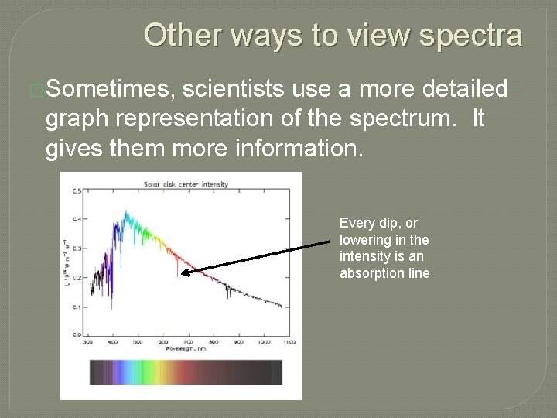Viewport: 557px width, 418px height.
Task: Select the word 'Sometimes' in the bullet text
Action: (110, 91)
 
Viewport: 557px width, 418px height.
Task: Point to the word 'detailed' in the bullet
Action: (464, 91)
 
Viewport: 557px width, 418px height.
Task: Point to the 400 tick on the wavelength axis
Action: (113, 341)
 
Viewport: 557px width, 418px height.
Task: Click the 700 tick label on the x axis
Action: (188, 341)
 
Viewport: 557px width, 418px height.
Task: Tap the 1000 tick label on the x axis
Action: (263, 341)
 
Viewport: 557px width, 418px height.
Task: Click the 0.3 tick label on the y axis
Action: (76, 248)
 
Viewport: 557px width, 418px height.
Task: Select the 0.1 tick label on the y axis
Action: (76, 307)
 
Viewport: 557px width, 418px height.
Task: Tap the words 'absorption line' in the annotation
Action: (384, 273)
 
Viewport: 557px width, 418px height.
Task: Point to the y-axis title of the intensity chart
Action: (65, 263)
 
